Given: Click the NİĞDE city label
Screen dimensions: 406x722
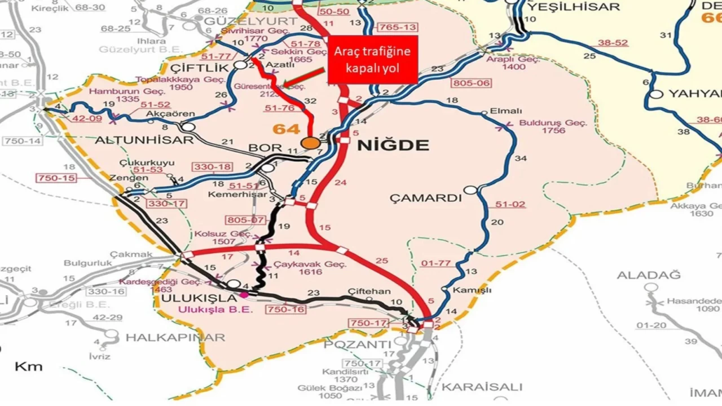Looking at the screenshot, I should click(393, 145).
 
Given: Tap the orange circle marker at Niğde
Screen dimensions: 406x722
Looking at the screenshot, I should click(310, 143).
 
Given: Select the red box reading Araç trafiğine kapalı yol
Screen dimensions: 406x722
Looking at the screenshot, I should click(372, 59).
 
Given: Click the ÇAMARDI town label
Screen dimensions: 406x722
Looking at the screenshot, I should click(426, 198).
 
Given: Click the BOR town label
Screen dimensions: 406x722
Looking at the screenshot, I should click(265, 148).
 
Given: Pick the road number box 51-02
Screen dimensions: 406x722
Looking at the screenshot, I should click(510, 205).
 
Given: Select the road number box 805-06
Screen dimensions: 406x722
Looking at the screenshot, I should click(471, 83).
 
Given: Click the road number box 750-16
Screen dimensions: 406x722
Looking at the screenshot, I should click(288, 310).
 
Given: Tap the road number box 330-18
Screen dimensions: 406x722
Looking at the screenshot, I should click(212, 167).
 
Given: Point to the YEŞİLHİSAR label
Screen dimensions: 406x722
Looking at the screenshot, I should click(573, 7).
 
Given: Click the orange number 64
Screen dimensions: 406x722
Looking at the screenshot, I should click(286, 129).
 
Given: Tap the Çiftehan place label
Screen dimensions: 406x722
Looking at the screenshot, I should click(369, 292).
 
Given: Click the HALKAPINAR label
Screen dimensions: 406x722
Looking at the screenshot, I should click(175, 338).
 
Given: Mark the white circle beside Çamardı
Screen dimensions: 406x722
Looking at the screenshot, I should click(470, 191).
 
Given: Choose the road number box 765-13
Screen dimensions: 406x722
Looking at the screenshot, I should click(398, 27).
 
